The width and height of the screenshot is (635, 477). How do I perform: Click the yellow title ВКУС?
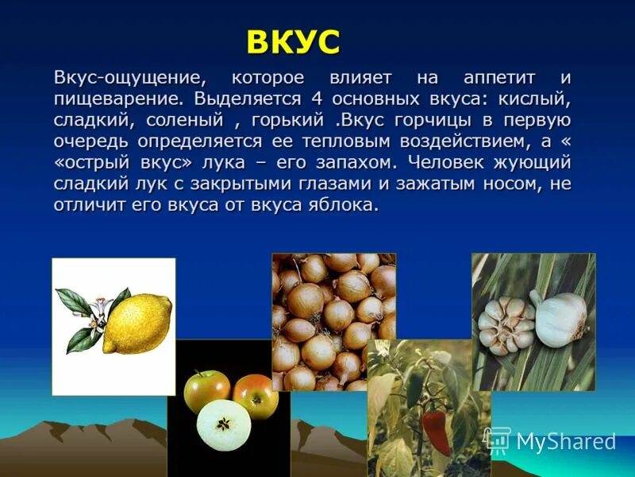(293, 42)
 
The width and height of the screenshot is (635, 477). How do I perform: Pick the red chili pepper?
(436, 430)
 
